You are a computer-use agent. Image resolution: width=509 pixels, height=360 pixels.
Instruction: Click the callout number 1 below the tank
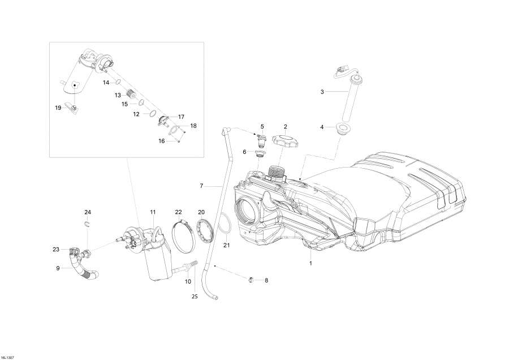pos(310,264)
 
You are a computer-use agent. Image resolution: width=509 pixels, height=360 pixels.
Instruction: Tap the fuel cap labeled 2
pos(285,139)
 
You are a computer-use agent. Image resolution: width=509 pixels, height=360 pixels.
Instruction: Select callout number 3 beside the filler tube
pos(322,91)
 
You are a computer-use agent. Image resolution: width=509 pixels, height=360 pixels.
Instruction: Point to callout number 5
pos(262,126)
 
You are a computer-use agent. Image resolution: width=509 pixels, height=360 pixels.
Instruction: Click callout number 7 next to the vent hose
pos(201,186)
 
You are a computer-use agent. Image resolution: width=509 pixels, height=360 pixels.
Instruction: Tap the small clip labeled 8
pos(251,278)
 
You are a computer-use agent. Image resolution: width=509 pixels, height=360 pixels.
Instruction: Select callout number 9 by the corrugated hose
pos(58,268)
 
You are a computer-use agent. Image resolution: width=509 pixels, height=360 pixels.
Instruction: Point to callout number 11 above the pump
pos(153,212)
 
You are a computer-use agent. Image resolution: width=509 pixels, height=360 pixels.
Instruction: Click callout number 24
pos(88,212)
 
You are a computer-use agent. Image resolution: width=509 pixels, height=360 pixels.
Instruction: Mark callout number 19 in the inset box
pos(58,108)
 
